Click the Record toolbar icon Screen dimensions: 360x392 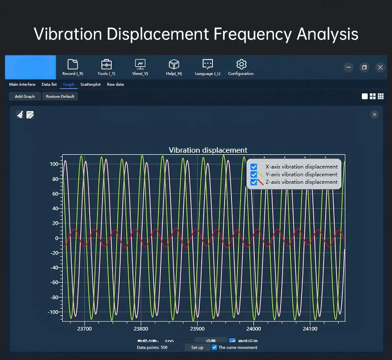(73, 64)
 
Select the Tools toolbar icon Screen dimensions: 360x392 (106, 64)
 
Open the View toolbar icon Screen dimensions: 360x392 (140, 64)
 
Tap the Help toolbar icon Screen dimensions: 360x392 (174, 64)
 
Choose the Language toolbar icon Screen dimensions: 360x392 (207, 64)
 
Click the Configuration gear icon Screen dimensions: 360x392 (241, 64)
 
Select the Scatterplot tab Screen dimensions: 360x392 (91, 84)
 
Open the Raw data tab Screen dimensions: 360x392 (115, 84)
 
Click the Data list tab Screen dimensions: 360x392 (49, 84)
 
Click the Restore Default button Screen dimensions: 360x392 (60, 96)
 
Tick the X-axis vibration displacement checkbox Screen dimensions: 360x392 (254, 167)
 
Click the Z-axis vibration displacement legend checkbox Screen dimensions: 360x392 (254, 182)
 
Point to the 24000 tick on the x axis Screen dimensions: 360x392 (254, 329)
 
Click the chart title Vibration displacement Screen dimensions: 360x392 (208, 150)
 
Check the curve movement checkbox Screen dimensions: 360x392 (214, 347)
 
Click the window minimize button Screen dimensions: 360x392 (348, 67)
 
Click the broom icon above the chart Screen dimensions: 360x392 (20, 115)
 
